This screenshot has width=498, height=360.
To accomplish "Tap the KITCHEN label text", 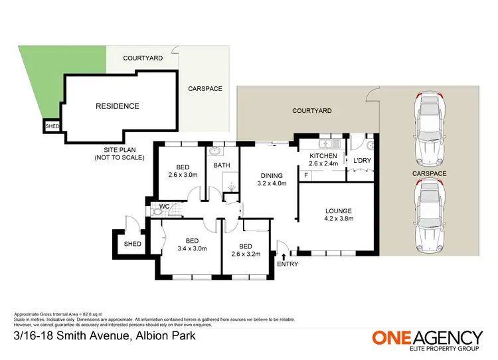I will click(x=323, y=156).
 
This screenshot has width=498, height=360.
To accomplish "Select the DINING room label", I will click(x=271, y=176).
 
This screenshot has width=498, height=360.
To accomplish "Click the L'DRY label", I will click(x=362, y=161).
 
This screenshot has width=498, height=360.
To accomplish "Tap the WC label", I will click(x=164, y=207).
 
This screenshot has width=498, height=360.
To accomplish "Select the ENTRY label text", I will click(x=288, y=264).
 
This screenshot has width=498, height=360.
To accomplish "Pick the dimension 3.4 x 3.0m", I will click(x=192, y=249).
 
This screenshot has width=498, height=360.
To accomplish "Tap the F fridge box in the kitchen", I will click(x=305, y=175).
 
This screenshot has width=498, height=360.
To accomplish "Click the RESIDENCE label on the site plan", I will click(x=117, y=106).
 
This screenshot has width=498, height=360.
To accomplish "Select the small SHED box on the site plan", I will click(x=51, y=126).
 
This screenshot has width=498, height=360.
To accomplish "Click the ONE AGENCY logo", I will click(x=426, y=339).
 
